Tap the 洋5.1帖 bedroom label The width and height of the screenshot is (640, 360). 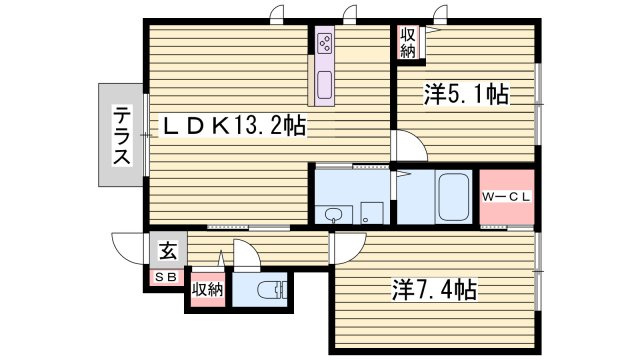467,94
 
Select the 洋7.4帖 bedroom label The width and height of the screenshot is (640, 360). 434,289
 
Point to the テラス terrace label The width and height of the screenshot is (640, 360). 122,136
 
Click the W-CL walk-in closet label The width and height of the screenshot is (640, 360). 506,197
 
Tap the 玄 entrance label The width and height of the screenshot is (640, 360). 168,250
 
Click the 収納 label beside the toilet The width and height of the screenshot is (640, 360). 208,289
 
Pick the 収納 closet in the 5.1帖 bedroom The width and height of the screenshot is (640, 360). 408,42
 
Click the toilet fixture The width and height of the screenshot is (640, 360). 272,290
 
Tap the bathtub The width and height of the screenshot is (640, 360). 453,197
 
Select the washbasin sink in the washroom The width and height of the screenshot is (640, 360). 334,214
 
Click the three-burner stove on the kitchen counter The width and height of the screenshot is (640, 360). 325,43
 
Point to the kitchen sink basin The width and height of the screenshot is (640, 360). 325,85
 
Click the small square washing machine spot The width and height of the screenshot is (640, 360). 372,213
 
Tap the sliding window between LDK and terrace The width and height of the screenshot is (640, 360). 146,135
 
